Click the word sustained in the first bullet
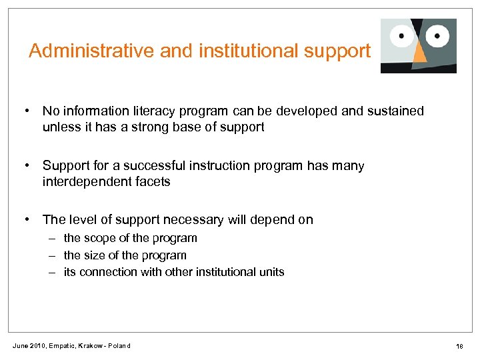pyautogui.click(x=396, y=111)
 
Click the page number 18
pyautogui.click(x=459, y=346)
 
